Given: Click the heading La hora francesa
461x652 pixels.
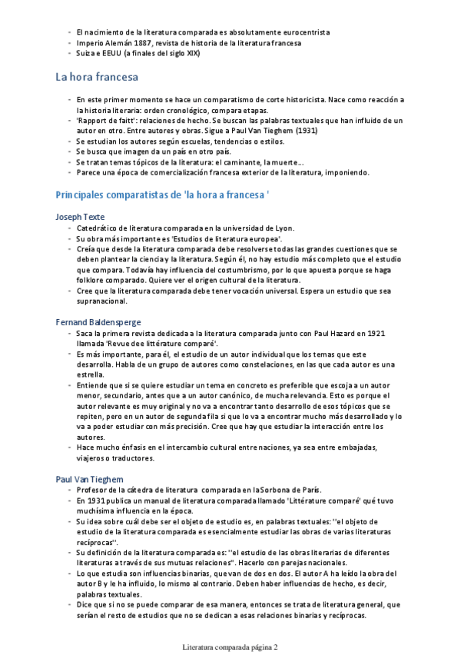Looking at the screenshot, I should [97, 77].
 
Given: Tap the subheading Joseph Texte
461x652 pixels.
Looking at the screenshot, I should [80, 217].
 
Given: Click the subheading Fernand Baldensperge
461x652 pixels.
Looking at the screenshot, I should [98, 321].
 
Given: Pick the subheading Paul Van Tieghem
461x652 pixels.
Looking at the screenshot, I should [88, 479].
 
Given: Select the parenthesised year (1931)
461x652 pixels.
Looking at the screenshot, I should [303, 131].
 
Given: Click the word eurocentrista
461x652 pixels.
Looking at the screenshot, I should [299, 32].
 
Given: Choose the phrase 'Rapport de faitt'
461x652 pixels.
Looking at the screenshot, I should [103, 121].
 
